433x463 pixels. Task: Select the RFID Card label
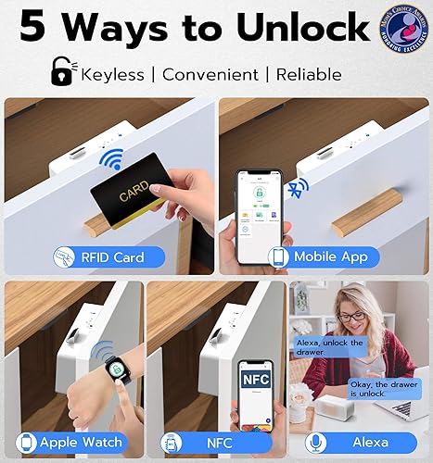click(x=108, y=256)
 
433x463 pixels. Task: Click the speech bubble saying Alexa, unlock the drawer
click(x=330, y=347)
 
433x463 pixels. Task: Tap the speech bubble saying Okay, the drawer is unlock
click(x=383, y=387)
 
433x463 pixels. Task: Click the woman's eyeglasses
click(x=353, y=316)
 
